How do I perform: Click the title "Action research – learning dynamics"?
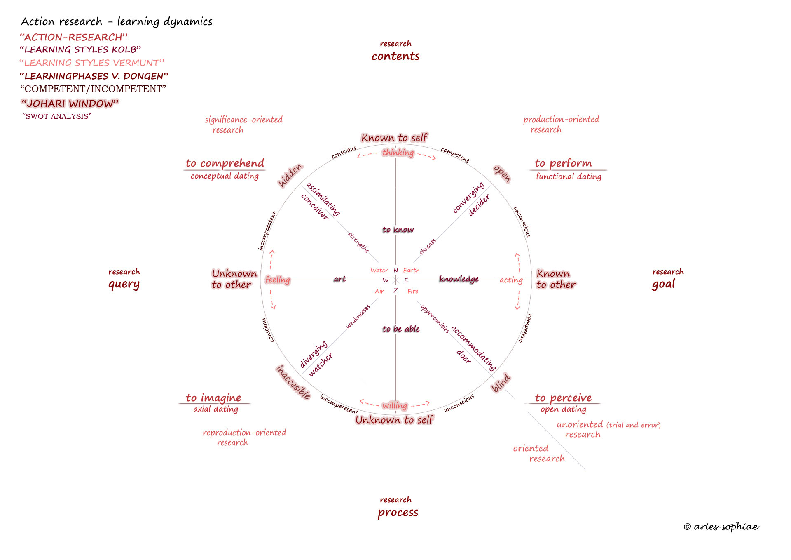coord(117,21)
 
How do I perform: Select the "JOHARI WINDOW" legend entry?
coord(70,103)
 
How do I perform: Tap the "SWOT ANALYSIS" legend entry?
coord(57,116)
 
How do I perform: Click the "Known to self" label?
coord(394,138)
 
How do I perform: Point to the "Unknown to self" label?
coord(394,420)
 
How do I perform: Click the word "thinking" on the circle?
coord(398,153)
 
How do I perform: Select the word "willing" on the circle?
coord(395,405)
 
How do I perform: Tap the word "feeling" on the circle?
coord(278,280)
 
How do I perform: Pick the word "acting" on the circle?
coord(511,280)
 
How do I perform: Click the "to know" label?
coord(398,230)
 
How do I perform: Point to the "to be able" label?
coord(401,329)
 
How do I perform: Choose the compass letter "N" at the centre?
coord(395,270)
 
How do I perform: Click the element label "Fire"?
coord(413,291)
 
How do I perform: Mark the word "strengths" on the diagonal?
coord(358,242)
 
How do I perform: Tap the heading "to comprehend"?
coord(225,163)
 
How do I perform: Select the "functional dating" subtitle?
coord(569,176)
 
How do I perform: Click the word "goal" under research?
coord(663,284)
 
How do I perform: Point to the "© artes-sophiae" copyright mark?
coord(721,527)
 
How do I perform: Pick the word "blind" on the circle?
coord(501,383)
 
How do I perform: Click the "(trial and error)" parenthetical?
coord(634,425)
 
